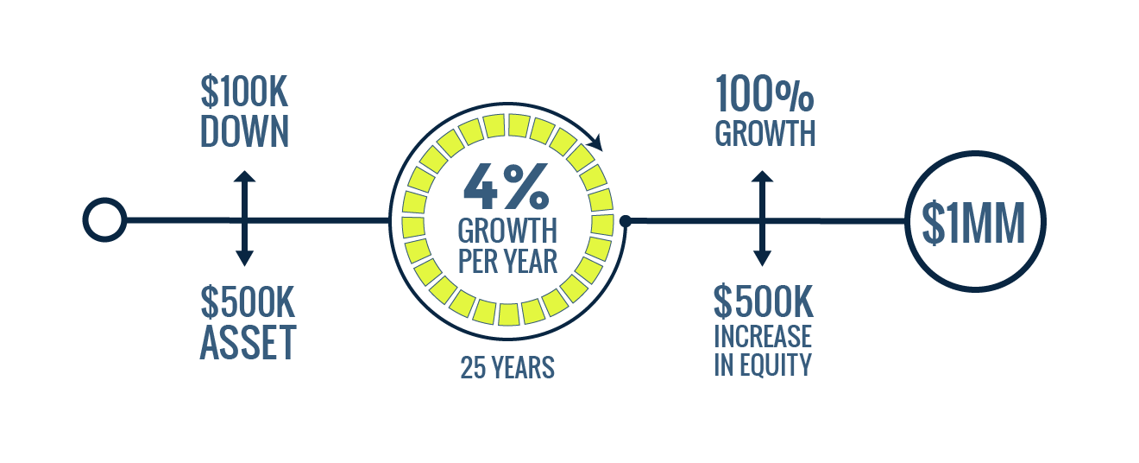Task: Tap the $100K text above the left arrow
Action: [x=244, y=92]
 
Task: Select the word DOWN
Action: [x=244, y=131]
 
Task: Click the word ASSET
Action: [x=249, y=342]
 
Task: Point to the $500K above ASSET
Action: [x=248, y=302]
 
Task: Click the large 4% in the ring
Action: [x=507, y=187]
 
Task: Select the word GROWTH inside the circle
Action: [x=507, y=231]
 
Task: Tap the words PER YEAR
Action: [x=507, y=261]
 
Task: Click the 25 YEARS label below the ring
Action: [x=507, y=368]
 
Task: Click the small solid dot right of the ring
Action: [x=626, y=221]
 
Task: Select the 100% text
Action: [x=765, y=93]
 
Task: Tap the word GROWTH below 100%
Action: [x=765, y=133]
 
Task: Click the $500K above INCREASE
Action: [x=764, y=301]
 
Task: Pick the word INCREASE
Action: [x=763, y=336]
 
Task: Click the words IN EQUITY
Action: [x=763, y=365]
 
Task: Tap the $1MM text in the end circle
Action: [x=973, y=224]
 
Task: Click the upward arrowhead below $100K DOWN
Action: [x=244, y=176]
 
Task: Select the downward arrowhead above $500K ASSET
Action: [x=244, y=259]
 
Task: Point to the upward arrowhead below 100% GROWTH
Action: [x=762, y=176]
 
